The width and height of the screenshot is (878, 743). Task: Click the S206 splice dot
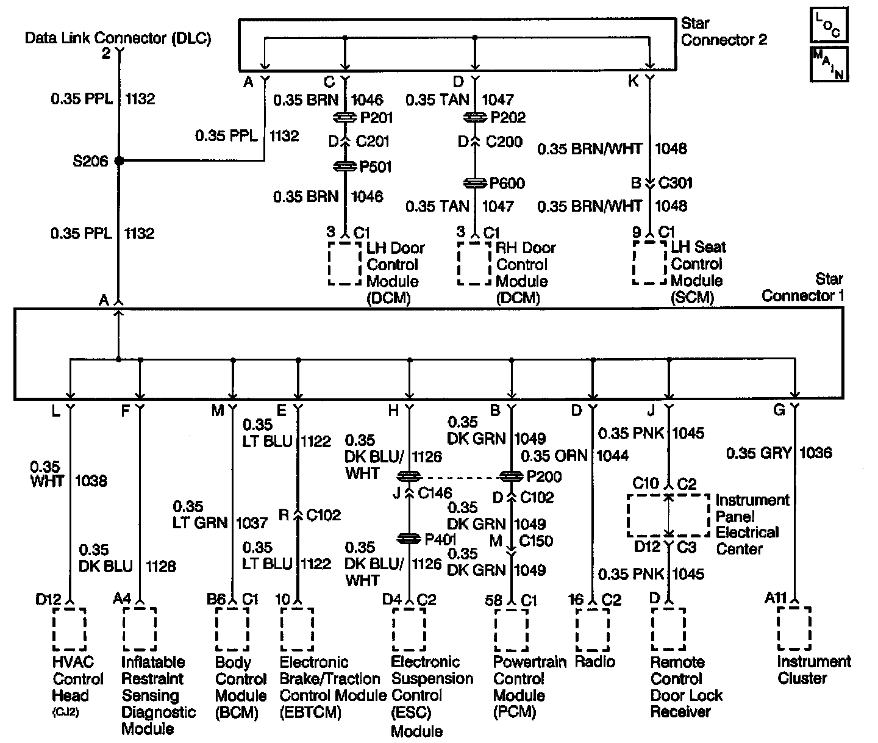[x=119, y=161]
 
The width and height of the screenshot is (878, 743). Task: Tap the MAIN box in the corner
[x=828, y=63]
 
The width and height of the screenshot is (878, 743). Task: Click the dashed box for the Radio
[x=592, y=629]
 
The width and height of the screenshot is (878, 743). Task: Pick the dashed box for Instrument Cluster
[x=794, y=628]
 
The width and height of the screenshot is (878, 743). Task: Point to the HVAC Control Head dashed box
[x=70, y=629]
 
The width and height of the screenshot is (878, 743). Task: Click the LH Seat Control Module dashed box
[x=649, y=263]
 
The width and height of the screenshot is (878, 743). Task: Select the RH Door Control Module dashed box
[x=475, y=264]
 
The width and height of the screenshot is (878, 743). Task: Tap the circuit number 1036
[x=815, y=453]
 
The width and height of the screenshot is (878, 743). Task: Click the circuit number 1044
[x=612, y=456]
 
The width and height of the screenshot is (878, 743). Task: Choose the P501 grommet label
[x=376, y=167]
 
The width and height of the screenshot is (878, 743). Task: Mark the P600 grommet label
[x=507, y=183]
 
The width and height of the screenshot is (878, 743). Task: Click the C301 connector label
[x=676, y=183]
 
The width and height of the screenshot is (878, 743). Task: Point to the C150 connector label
[x=536, y=540]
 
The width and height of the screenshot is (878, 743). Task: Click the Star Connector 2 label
[x=724, y=32]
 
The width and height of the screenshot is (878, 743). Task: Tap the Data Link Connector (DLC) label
[x=118, y=38]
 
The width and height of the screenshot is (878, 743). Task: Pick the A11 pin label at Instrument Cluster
[x=776, y=598]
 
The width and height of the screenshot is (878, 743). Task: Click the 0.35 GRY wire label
[x=758, y=453]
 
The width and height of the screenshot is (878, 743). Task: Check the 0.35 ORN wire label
[x=554, y=456]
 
